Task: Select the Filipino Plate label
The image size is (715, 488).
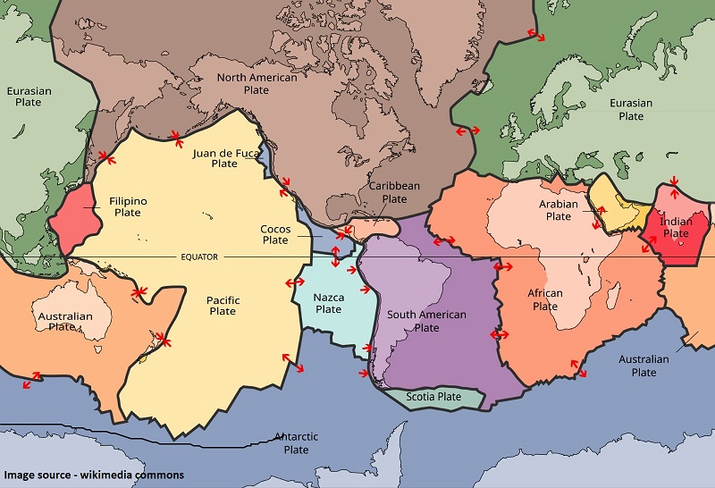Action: click(x=128, y=206)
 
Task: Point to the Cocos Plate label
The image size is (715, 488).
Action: click(x=275, y=234)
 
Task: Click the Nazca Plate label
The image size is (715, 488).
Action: click(x=328, y=303)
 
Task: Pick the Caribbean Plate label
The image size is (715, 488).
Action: click(x=394, y=192)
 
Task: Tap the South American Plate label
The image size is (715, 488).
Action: click(x=426, y=321)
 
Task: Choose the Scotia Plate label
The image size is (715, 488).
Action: click(x=433, y=397)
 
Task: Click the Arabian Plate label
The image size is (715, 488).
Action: click(x=559, y=210)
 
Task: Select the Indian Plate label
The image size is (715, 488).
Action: click(x=676, y=227)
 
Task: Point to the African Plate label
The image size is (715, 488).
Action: click(x=545, y=299)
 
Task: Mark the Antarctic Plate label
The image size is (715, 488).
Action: click(x=296, y=442)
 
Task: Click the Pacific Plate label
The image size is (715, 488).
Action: click(x=223, y=305)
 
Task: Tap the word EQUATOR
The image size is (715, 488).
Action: click(x=199, y=257)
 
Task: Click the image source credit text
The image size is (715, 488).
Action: click(x=94, y=475)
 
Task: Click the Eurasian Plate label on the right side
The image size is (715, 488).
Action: click(x=631, y=110)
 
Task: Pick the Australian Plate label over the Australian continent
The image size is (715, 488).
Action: click(x=64, y=321)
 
